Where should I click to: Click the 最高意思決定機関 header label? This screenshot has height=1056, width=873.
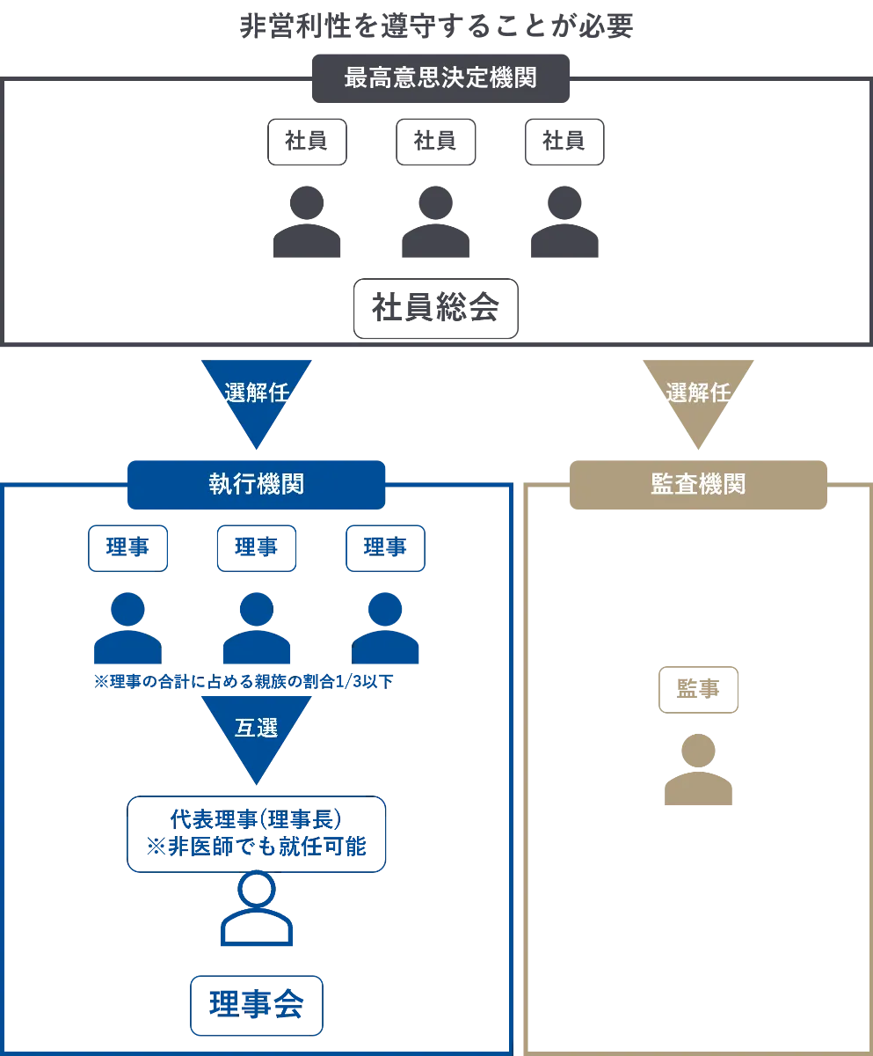pyautogui.click(x=440, y=77)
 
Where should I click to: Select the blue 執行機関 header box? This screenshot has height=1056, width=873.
pyautogui.click(x=257, y=484)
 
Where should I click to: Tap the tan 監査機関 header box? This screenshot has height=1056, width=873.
pyautogui.click(x=699, y=485)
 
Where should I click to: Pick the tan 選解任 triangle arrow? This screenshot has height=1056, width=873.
pyautogui.click(x=698, y=397)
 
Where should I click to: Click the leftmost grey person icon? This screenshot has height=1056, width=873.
pyautogui.click(x=305, y=222)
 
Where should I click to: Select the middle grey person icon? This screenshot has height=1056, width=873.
pyautogui.click(x=435, y=222)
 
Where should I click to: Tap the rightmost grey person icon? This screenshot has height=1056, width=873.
pyautogui.click(x=566, y=222)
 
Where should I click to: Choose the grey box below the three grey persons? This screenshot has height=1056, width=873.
pyautogui.click(x=436, y=307)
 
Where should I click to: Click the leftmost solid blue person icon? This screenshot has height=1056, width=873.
pyautogui.click(x=127, y=628)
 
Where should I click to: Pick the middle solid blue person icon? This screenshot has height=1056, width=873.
pyautogui.click(x=257, y=628)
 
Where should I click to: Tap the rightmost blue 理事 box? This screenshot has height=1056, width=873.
pyautogui.click(x=386, y=549)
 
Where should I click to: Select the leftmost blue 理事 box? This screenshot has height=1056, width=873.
pyautogui.click(x=127, y=549)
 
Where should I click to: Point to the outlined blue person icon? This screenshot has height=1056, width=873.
pyautogui.click(x=257, y=908)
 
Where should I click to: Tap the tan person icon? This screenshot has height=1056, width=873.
pyautogui.click(x=699, y=770)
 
